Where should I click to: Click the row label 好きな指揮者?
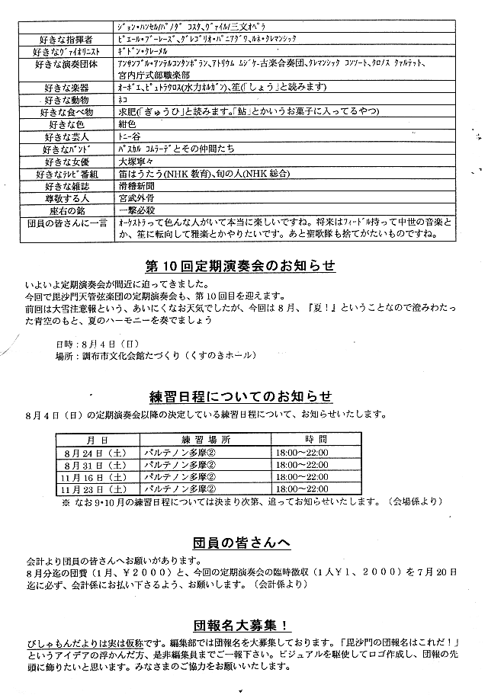coord(69,37)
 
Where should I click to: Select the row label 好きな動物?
coord(69,99)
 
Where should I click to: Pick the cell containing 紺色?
coord(130,124)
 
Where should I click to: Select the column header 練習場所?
coord(194,440)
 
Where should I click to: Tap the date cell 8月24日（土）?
coord(96,453)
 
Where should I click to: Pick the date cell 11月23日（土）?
coord(96,489)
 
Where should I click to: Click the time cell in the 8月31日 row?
coord(301,465)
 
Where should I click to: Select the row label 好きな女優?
coord(69,162)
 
